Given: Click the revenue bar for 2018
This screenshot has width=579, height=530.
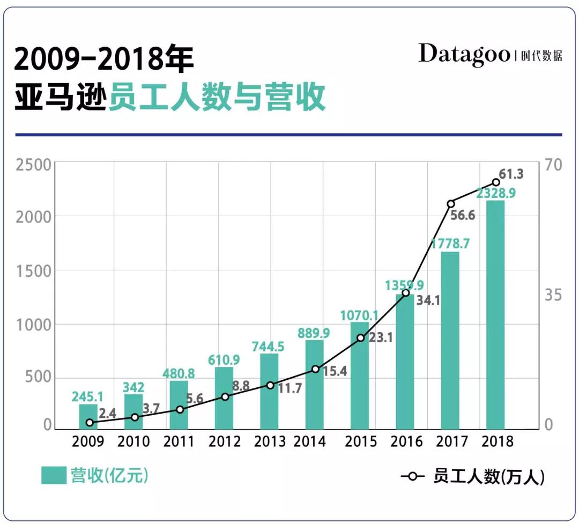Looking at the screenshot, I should point(495,316).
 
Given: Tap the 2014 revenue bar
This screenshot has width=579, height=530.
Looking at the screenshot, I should point(315,385).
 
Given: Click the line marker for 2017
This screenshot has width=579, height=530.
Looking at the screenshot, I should point(451,204).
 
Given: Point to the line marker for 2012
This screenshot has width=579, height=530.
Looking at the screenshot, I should point(225,397).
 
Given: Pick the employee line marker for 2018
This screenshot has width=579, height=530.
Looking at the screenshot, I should point(496,182).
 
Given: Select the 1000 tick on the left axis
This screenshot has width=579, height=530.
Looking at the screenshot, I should point(33,325).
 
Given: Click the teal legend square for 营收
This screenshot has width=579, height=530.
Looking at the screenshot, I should point(54,475).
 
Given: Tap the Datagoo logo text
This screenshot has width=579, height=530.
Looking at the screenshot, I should point(464,54).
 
